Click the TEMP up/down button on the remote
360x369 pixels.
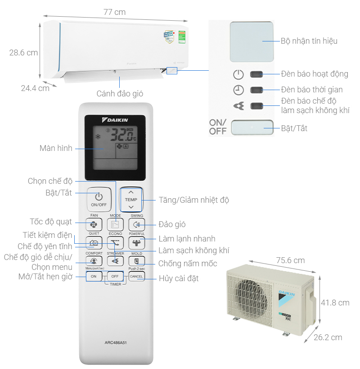[x=131, y=199]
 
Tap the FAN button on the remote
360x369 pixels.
[x=94, y=224]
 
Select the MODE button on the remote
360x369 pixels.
[x=115, y=224]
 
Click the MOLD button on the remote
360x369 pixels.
[x=136, y=261]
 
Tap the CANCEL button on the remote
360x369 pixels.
[x=136, y=276]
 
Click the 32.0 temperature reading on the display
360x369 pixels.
[x=121, y=134]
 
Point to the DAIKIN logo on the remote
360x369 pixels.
[x=115, y=120]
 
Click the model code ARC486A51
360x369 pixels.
[x=115, y=342]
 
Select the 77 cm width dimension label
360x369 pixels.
[x=114, y=12]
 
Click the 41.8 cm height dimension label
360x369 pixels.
[x=335, y=303]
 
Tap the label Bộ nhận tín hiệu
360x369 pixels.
[x=309, y=41]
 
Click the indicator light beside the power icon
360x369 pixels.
[x=256, y=74]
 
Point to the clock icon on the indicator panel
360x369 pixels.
[x=238, y=90]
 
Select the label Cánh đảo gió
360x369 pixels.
[x=120, y=93]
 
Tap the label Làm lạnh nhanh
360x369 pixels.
[x=187, y=239]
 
